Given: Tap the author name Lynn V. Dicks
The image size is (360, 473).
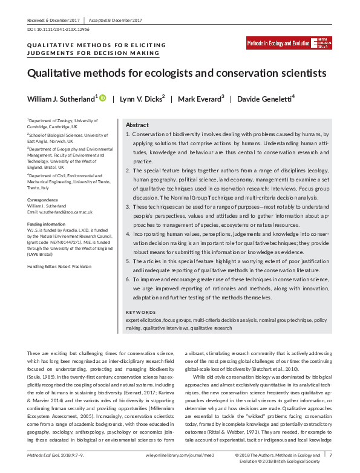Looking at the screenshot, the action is (143, 99).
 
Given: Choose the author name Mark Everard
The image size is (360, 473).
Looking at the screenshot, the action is (203, 99).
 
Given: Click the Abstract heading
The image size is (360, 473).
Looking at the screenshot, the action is (137, 124).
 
